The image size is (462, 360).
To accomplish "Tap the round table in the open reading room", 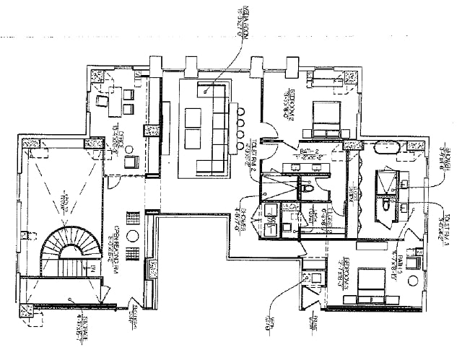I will (x=133, y=235).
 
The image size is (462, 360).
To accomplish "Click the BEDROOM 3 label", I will (x=342, y=277).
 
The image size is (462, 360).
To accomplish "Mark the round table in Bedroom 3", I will (x=413, y=282).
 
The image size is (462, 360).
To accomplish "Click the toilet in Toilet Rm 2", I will (x=307, y=189).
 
